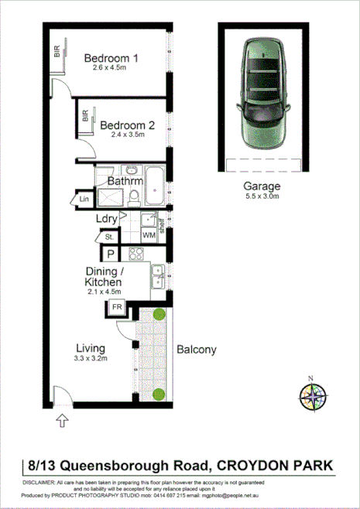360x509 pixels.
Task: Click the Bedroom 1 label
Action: pyautogui.click(x=111, y=58)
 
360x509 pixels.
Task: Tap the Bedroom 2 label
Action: pyautogui.click(x=127, y=125)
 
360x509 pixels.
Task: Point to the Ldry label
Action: pyautogui.click(x=107, y=219)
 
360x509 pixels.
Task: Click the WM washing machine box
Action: pyautogui.click(x=149, y=234)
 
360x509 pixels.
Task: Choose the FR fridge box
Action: pyautogui.click(x=118, y=308)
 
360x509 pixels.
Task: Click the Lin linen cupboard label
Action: pyautogui.click(x=84, y=200)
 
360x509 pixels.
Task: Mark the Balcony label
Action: pyautogui.click(x=196, y=349)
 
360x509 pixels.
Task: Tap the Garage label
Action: pyautogui.click(x=262, y=186)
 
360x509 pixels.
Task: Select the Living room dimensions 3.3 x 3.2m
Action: pyautogui.click(x=91, y=359)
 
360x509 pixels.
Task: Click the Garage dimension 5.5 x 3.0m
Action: pyautogui.click(x=262, y=197)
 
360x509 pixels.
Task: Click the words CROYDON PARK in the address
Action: pyautogui.click(x=276, y=465)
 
